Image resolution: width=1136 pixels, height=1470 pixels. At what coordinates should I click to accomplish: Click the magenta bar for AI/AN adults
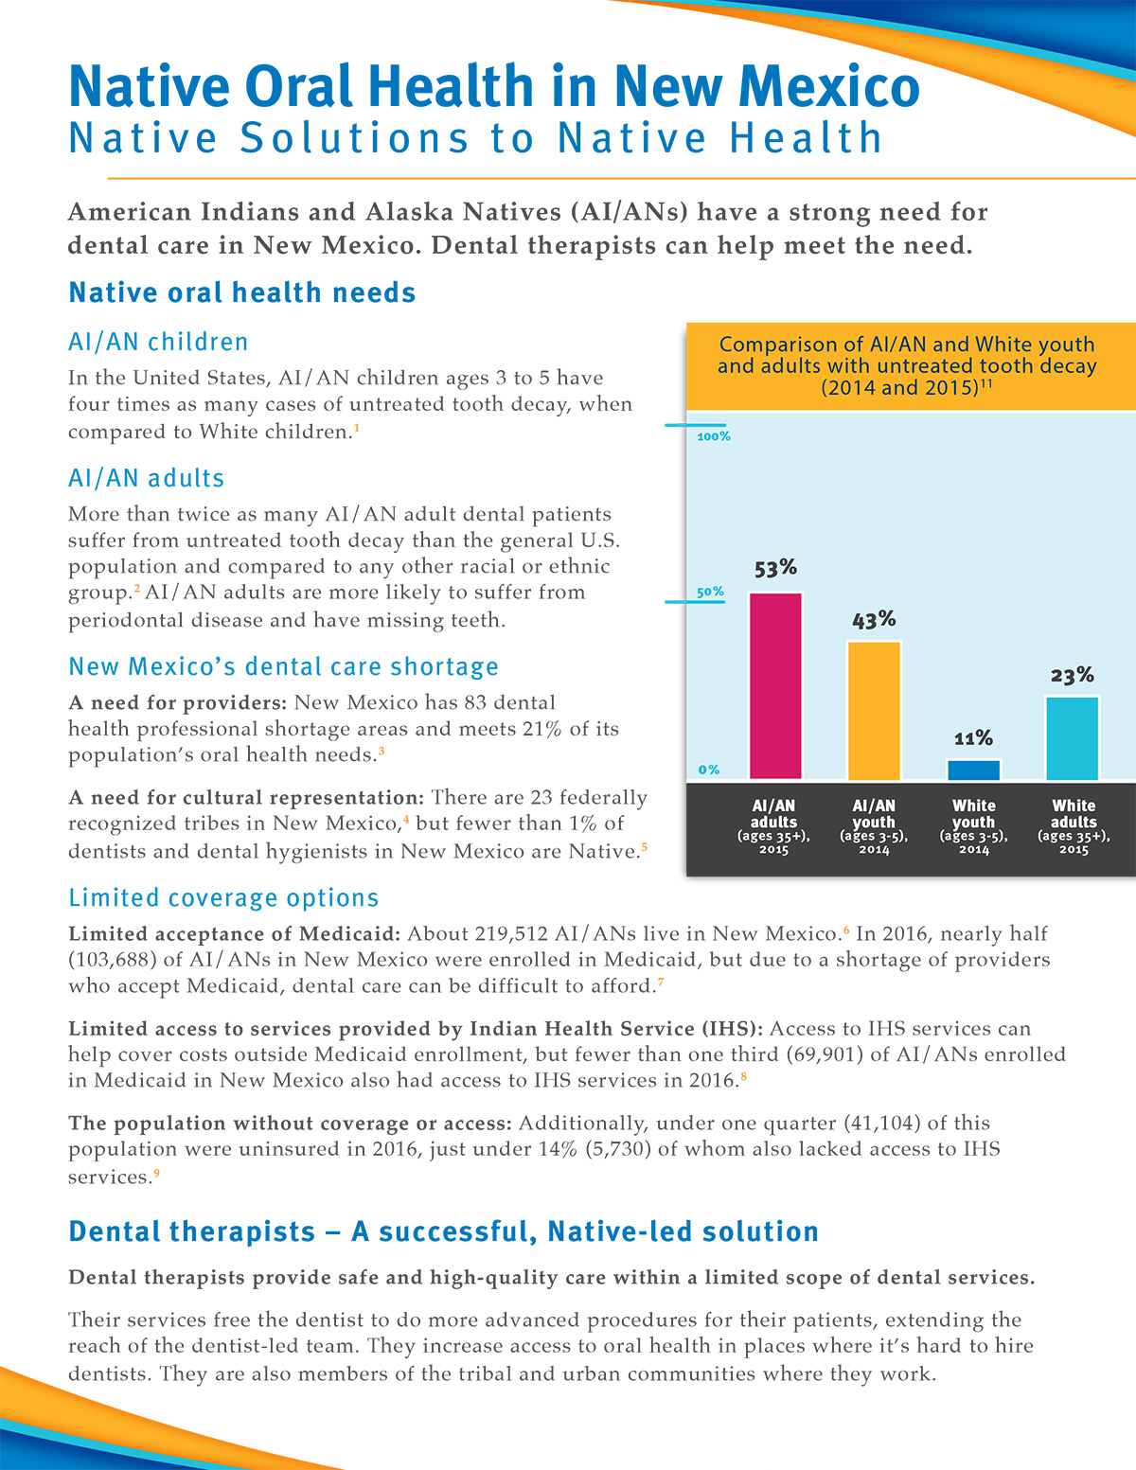[774, 686]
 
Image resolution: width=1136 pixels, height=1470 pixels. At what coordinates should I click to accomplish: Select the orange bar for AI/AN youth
[874, 710]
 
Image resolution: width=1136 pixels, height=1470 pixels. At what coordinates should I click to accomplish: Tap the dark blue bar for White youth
[973, 770]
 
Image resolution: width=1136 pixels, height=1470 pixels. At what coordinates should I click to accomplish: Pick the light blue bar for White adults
[1073, 738]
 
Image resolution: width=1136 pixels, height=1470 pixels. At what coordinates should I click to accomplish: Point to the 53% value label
[775, 568]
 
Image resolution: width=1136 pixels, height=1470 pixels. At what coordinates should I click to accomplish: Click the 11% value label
[973, 737]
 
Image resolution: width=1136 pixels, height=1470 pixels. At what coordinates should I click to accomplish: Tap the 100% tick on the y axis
[714, 436]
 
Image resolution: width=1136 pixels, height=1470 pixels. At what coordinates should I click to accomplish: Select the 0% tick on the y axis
[708, 770]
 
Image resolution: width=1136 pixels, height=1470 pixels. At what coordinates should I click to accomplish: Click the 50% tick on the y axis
[710, 592]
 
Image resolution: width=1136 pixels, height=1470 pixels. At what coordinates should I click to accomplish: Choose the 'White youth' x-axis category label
[973, 813]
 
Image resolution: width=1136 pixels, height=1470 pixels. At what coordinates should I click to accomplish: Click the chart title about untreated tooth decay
[907, 366]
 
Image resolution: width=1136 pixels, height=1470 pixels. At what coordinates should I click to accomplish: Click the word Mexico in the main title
[829, 86]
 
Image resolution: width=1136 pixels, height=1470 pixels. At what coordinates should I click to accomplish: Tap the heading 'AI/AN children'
[158, 342]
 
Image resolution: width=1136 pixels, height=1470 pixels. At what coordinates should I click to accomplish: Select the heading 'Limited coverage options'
[223, 898]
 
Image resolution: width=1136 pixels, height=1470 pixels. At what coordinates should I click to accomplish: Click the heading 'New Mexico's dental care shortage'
[283, 667]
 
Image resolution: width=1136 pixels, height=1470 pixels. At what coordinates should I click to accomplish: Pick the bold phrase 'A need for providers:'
[178, 703]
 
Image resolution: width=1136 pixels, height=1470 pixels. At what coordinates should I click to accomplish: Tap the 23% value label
[1073, 675]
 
